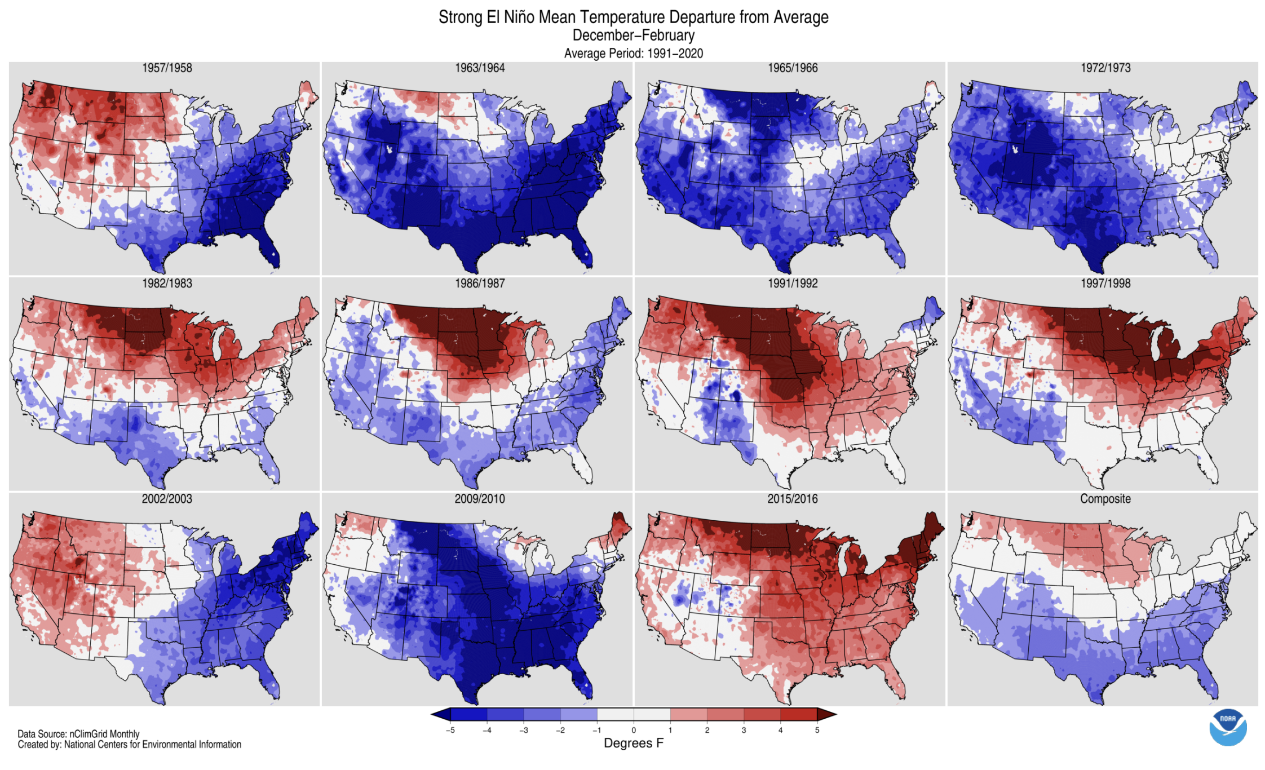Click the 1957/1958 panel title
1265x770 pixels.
tap(167, 68)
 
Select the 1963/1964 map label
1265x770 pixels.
tap(480, 68)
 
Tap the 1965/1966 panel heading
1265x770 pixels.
tap(793, 68)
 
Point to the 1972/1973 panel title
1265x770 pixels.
tap(1105, 68)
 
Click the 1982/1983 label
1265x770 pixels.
tap(167, 284)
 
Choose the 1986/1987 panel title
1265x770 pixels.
tap(480, 284)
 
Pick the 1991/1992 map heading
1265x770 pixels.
tap(793, 284)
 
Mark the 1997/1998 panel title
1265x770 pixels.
tap(1105, 284)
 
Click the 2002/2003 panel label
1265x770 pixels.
tap(167, 499)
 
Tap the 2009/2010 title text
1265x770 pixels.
tap(480, 499)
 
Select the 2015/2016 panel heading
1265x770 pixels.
tap(793, 499)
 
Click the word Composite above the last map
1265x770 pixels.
tap(1105, 499)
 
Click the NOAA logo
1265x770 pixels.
tap(1228, 727)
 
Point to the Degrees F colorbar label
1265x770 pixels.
tap(634, 743)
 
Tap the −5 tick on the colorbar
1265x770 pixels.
tap(450, 730)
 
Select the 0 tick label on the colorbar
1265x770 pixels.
tap(634, 730)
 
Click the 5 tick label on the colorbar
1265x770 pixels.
tap(817, 730)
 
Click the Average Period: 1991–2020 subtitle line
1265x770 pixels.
tap(634, 54)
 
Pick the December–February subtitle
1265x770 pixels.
tap(634, 36)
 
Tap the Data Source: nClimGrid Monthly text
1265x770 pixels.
tap(78, 734)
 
